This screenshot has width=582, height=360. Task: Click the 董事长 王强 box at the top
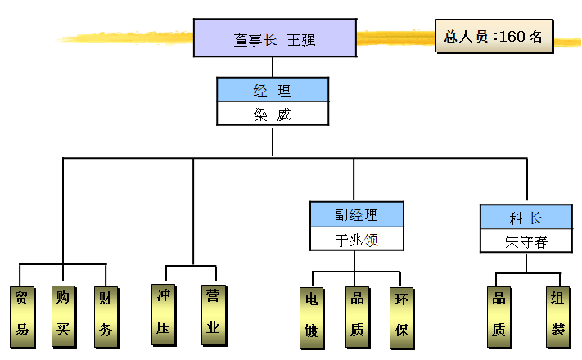pos(275,38)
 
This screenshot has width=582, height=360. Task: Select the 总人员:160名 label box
pos(493,37)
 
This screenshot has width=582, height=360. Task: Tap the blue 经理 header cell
pos(273,90)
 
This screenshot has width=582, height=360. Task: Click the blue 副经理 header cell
pos(356,215)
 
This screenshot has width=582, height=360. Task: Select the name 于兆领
pos(356,240)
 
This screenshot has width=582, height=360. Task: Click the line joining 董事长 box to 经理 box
pos(273,67)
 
